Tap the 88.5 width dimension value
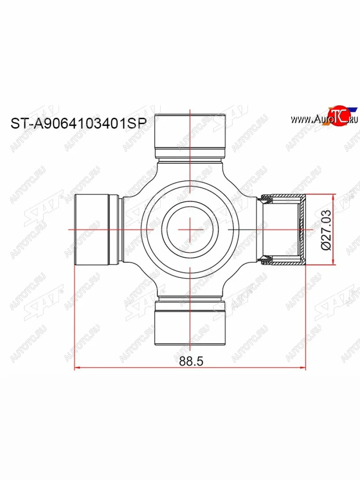pyautogui.click(x=192, y=361)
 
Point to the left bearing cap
pyautogui.click(x=92, y=230)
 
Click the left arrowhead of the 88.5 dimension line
pyautogui.click(x=78, y=368)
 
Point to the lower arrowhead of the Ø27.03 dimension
pyautogui.click(x=333, y=262)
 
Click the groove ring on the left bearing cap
pyautogui.click(x=114, y=230)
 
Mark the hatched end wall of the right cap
pyautogui.click(x=303, y=230)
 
